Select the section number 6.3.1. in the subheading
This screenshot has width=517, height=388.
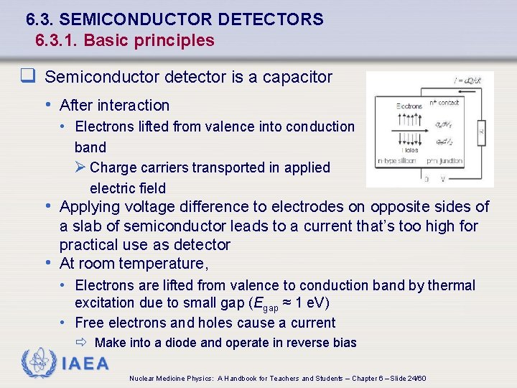pos(57,40)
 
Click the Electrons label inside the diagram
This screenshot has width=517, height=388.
pos(409,106)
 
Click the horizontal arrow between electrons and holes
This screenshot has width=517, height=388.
pos(409,128)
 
